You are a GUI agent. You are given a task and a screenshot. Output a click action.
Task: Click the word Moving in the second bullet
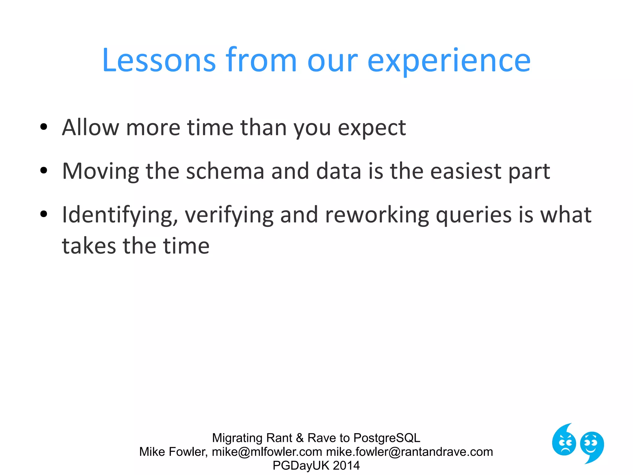(x=100, y=171)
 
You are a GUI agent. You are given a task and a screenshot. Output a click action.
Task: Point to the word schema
(x=225, y=171)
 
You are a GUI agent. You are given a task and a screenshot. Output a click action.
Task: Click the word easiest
(x=466, y=171)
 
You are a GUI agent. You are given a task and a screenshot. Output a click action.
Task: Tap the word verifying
(x=229, y=215)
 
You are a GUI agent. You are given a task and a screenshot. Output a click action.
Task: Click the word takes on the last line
(x=89, y=246)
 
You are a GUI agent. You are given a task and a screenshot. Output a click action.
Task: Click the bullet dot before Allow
(x=44, y=126)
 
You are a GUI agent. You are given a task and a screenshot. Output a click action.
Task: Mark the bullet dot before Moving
(x=44, y=170)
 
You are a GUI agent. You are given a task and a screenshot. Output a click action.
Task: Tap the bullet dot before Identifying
(x=44, y=214)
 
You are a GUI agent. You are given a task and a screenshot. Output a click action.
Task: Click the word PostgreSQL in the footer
(x=387, y=438)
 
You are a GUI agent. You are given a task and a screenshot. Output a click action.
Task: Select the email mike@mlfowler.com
(x=267, y=452)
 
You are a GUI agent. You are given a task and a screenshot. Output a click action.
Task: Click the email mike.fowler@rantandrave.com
(x=409, y=452)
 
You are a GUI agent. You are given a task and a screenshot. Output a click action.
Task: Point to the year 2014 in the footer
(x=346, y=465)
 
